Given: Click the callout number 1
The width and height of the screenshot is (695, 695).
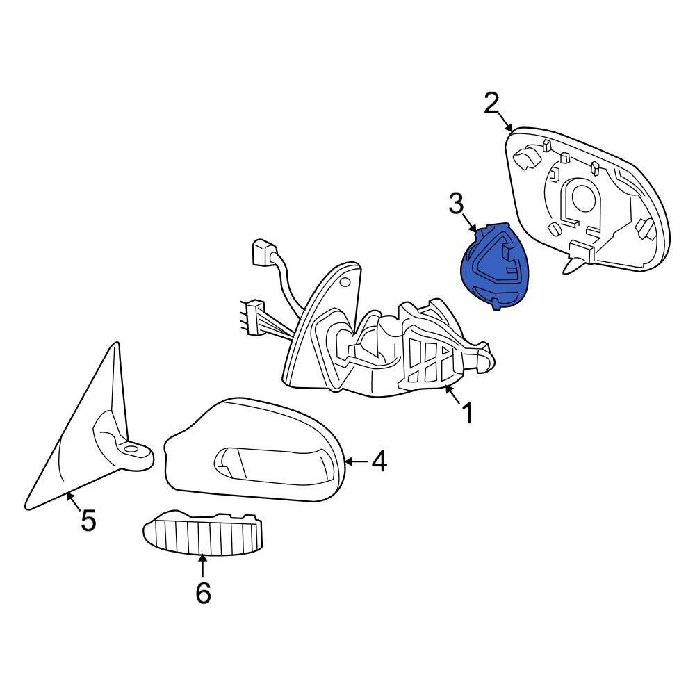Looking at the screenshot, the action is click(467, 413).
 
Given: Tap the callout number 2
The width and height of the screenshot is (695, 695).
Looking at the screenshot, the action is click(491, 103).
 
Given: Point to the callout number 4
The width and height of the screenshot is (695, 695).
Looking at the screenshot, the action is click(379, 461).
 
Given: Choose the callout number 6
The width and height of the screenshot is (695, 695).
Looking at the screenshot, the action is click(203, 593).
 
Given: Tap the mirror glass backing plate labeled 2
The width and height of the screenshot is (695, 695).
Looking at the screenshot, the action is click(587, 200).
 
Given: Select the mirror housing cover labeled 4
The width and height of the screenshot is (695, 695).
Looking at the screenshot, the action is click(254, 450).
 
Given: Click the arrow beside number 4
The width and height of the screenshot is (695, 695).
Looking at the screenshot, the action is click(357, 462).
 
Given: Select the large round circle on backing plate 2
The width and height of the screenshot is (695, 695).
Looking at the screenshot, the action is click(583, 197).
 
